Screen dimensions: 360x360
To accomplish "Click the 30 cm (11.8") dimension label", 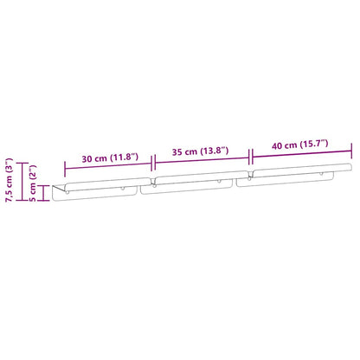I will coord(110,157).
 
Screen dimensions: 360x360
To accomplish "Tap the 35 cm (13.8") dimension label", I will coord(200,151).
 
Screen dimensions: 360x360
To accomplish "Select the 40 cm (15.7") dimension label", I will coord(300,145).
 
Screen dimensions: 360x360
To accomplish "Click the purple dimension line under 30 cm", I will coord(108,166).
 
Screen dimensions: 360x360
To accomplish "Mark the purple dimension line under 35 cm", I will coord(202,158).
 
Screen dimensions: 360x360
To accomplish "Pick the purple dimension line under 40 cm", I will coord(301,152).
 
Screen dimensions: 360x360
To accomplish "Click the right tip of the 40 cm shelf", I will coord(350,164).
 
